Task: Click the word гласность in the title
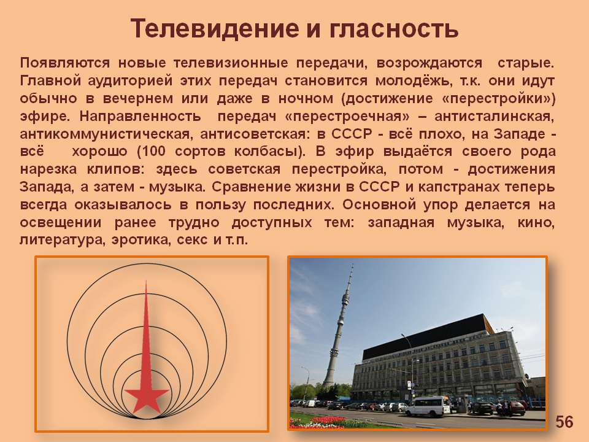click(394, 29)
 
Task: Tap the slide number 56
click(564, 422)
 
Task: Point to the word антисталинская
click(495, 117)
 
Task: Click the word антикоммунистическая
click(105, 134)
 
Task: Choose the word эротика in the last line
click(140, 240)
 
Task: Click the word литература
click(61, 240)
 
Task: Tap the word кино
click(536, 222)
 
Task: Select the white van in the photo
click(428, 406)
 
